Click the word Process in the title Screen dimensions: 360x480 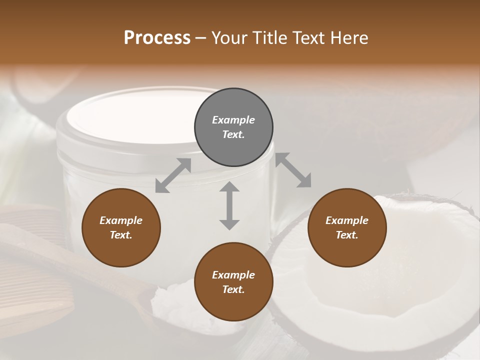[157, 38]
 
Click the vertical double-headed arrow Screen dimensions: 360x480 [229, 205]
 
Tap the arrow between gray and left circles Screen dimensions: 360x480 [173, 175]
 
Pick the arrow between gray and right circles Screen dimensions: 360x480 [293, 170]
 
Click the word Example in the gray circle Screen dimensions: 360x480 [233, 120]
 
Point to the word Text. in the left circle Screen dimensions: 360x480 [121, 235]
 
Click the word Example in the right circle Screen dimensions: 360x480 [347, 220]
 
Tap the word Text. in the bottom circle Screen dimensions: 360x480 [233, 289]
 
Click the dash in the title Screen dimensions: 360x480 [201, 38]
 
